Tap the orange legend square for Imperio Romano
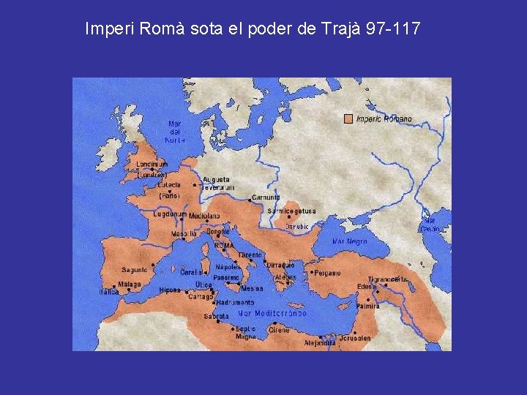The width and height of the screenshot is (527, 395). (348, 118)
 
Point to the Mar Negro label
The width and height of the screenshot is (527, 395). (350, 241)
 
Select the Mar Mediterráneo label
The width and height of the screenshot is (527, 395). (272, 313)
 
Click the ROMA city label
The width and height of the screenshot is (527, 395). (224, 246)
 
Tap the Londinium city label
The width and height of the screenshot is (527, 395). (152, 165)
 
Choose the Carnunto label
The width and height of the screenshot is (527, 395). (266, 197)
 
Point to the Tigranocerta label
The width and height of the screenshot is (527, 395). (387, 279)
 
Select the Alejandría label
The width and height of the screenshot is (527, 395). (320, 342)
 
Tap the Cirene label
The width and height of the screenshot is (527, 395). (278, 330)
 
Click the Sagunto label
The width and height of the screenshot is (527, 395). (135, 270)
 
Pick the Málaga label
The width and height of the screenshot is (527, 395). (130, 285)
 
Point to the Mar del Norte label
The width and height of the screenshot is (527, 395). (175, 132)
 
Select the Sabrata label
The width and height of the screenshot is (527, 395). (216, 317)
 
